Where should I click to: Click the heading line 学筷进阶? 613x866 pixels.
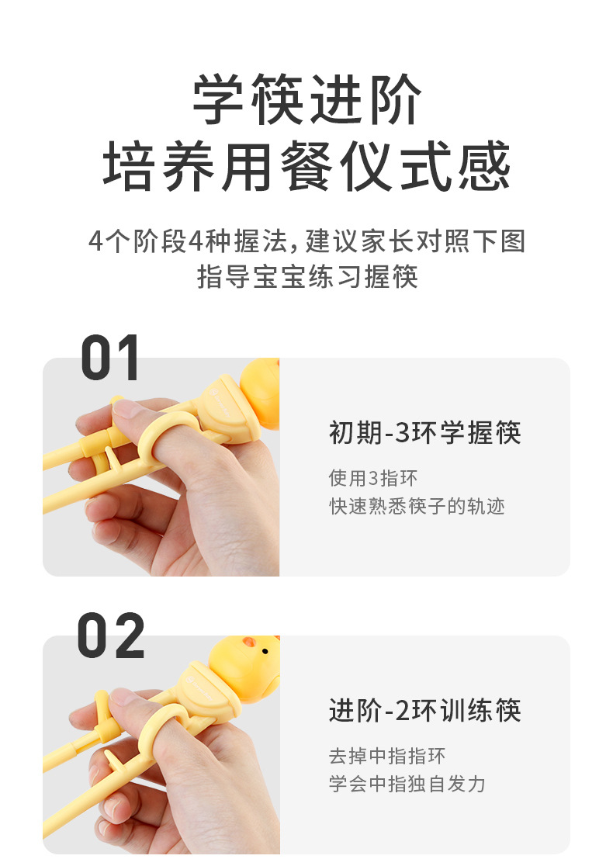tap(307, 101)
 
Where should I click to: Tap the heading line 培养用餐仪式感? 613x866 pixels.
tap(307, 166)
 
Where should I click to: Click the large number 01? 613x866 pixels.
tap(110, 358)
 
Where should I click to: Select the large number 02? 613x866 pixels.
tap(110, 636)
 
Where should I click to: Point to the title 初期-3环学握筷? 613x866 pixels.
tap(424, 433)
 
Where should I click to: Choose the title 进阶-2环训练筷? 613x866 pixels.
tap(424, 711)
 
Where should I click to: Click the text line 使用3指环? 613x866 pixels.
tap(373, 478)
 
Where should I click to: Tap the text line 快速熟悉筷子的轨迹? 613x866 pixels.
tap(417, 507)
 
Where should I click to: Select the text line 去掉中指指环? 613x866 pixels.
tap(387, 756)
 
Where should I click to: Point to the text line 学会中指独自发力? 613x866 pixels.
tap(407, 784)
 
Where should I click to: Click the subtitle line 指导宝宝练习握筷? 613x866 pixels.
tap(307, 277)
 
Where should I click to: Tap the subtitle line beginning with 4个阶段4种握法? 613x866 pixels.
tap(307, 241)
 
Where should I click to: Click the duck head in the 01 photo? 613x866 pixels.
tap(260, 392)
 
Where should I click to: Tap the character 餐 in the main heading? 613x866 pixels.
tap(306, 166)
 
